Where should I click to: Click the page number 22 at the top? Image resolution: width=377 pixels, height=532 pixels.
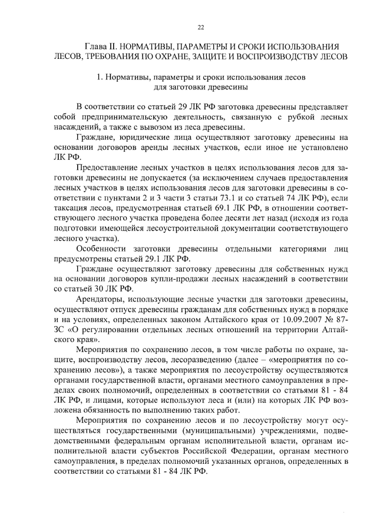200,27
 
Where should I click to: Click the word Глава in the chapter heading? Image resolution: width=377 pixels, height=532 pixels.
98,46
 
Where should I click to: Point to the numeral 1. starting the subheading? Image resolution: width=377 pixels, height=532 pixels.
100,78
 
